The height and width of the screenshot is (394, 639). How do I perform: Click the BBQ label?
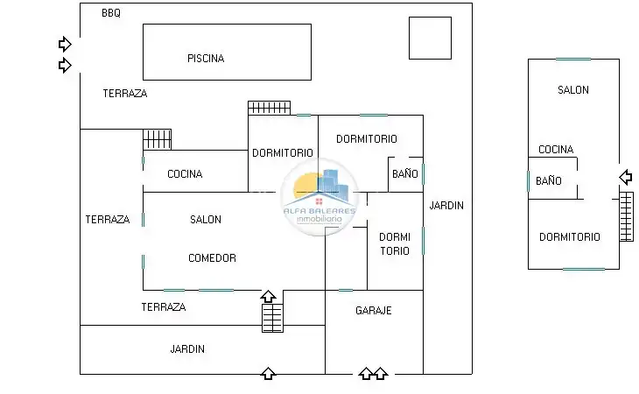(x=111, y=13)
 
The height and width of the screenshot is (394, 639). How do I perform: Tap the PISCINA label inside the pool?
(x=206, y=59)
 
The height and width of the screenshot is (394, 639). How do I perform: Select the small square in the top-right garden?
(x=430, y=38)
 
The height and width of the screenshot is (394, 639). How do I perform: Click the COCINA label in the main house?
(x=185, y=174)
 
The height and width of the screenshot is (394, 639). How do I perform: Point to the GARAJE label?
(x=373, y=311)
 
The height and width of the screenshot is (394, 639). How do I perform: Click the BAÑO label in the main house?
(x=405, y=173)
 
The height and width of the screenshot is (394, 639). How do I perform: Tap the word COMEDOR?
(x=212, y=258)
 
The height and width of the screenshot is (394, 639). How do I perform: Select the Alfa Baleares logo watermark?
(x=319, y=198)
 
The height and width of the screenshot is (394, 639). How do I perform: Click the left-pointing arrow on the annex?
(x=626, y=177)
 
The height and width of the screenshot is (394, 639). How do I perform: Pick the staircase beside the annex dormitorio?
(x=627, y=217)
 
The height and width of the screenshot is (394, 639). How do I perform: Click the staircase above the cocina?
(x=157, y=139)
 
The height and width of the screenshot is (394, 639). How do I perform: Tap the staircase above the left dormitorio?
(x=269, y=108)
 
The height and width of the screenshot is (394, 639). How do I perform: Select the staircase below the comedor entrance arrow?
(x=272, y=318)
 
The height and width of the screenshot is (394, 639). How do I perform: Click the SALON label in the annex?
(x=573, y=89)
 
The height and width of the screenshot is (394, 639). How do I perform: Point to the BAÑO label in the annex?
(x=549, y=180)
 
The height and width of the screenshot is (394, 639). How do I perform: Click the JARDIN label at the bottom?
(x=187, y=348)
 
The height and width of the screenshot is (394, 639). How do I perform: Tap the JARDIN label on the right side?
(x=446, y=206)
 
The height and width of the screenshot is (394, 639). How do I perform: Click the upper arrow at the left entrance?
(x=65, y=44)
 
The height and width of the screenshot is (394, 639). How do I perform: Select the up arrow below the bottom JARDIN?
(x=268, y=373)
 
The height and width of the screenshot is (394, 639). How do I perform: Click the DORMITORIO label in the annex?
(x=569, y=236)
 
